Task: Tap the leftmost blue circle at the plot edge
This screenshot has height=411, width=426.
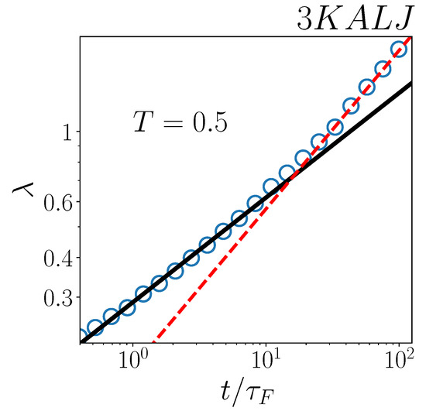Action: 80,337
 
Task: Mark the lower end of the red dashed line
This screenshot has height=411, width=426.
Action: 153,342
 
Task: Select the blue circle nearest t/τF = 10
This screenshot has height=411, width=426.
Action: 271,187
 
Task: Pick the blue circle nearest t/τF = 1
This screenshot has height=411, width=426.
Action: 127,307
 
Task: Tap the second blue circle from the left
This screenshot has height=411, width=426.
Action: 94,327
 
